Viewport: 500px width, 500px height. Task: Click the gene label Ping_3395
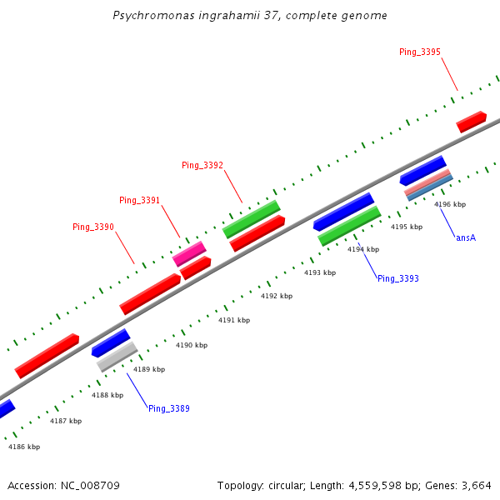tap(420, 52)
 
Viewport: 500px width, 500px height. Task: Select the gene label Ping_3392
tap(202, 165)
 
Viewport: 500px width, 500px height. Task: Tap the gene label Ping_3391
tap(139, 200)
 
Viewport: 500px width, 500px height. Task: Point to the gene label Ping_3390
tap(93, 227)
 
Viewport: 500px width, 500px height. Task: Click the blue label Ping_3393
tap(397, 278)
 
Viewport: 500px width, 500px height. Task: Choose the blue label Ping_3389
tap(169, 408)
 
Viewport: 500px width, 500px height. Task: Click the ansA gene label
tap(466, 237)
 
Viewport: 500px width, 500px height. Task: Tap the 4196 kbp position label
tap(450, 204)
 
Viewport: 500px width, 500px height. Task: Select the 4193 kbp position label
tap(320, 272)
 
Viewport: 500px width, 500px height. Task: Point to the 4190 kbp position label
tap(192, 345)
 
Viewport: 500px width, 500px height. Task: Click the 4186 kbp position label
tap(24, 447)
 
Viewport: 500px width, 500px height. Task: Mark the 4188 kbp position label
tap(107, 395)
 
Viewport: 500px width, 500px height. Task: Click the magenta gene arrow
tap(189, 253)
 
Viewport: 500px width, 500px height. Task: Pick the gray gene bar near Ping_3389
tap(117, 357)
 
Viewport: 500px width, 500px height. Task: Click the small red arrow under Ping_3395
tap(471, 122)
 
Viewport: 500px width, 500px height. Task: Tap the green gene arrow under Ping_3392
tap(251, 218)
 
